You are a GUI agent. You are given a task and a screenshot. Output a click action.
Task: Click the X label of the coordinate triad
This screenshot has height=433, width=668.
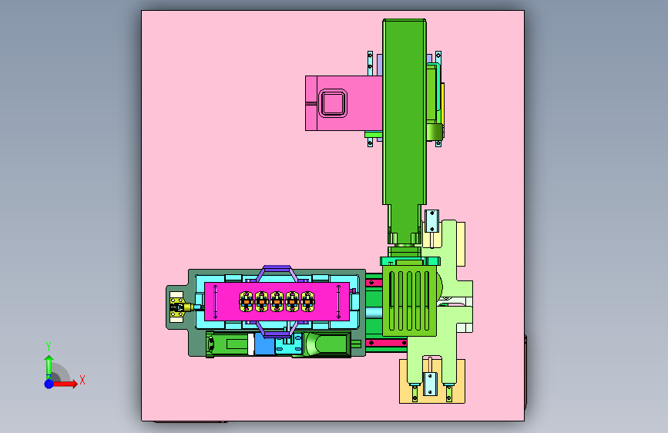pyautogui.click(x=82, y=380)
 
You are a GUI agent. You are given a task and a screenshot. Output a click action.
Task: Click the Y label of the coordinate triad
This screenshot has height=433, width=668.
pyautogui.click(x=49, y=347)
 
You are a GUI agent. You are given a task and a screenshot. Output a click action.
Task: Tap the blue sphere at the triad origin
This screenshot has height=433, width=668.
pyautogui.click(x=49, y=384)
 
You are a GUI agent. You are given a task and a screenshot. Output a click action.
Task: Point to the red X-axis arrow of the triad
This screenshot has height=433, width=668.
pyautogui.click(x=64, y=384)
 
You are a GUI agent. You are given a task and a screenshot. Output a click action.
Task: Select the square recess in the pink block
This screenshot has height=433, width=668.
pyautogui.click(x=333, y=103)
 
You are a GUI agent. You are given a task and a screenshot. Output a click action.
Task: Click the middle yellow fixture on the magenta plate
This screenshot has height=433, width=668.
pyautogui.click(x=277, y=302)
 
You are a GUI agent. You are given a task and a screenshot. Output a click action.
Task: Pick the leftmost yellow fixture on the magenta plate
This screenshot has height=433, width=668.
pyautogui.click(x=247, y=302)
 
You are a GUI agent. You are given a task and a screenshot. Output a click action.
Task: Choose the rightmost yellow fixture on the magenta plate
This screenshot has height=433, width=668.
pyautogui.click(x=307, y=302)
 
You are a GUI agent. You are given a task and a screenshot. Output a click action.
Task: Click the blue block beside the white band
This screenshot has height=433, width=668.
pyautogui.click(x=264, y=344)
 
